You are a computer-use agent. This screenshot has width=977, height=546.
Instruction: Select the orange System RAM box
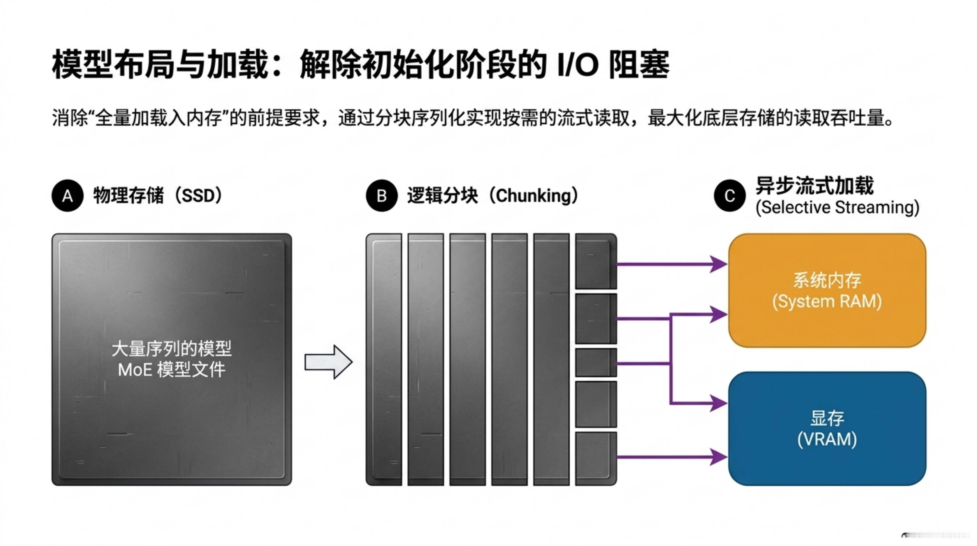tap(827, 290)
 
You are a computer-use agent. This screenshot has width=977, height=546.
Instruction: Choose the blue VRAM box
tap(827, 428)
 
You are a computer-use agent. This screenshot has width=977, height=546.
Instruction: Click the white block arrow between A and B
tap(328, 362)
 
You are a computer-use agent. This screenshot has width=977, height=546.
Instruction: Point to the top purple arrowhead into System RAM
tap(718, 264)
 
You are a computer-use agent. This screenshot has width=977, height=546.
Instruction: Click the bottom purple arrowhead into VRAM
tap(718, 457)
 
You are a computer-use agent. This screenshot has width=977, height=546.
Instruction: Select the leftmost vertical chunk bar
tap(384, 359)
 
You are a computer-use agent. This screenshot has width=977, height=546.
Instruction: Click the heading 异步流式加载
tap(814, 186)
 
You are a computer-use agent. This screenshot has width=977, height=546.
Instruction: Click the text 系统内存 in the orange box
tap(827, 280)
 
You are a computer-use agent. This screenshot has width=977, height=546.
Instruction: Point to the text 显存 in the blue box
tap(827, 418)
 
